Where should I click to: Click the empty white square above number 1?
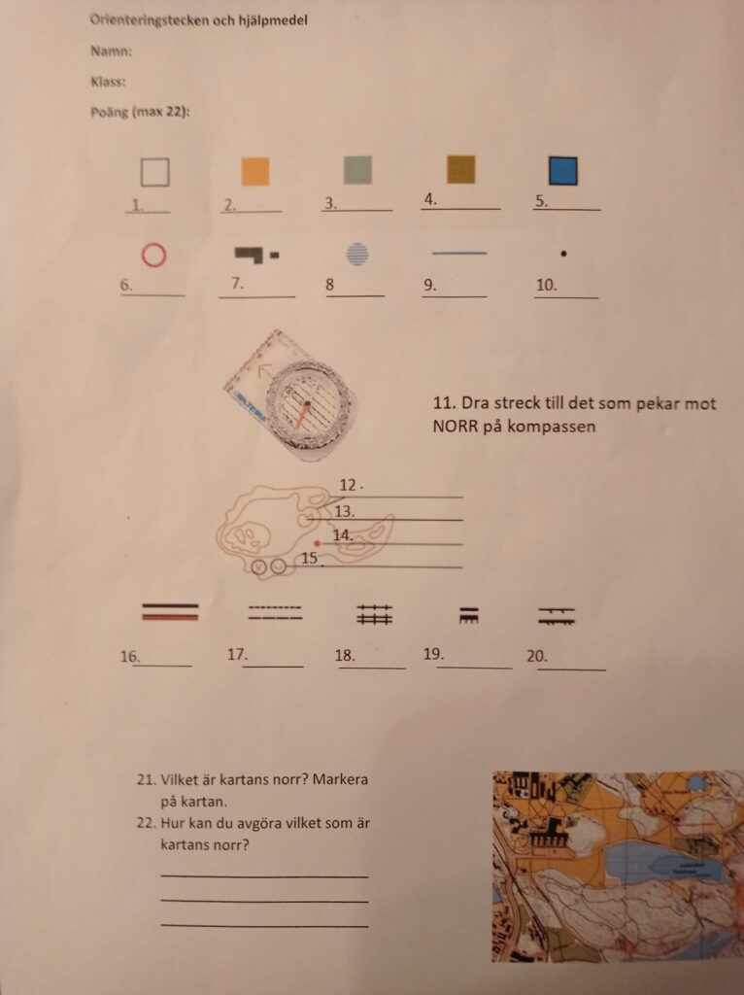(154, 172)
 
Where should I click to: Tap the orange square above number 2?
(255, 171)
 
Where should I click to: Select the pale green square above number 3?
(357, 170)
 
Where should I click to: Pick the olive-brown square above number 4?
(460, 169)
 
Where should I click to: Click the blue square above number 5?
(563, 171)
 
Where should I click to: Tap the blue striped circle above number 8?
(357, 254)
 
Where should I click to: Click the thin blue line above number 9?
(459, 254)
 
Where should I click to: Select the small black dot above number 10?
(564, 254)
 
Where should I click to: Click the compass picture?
(289, 395)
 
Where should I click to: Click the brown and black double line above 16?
(170, 611)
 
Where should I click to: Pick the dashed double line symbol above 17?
(275, 612)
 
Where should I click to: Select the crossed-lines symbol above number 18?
(375, 614)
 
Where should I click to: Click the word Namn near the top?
(111, 51)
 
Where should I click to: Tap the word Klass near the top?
(108, 82)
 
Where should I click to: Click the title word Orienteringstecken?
(149, 19)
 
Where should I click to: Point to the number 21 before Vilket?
(147, 779)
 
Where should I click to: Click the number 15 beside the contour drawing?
(310, 558)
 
